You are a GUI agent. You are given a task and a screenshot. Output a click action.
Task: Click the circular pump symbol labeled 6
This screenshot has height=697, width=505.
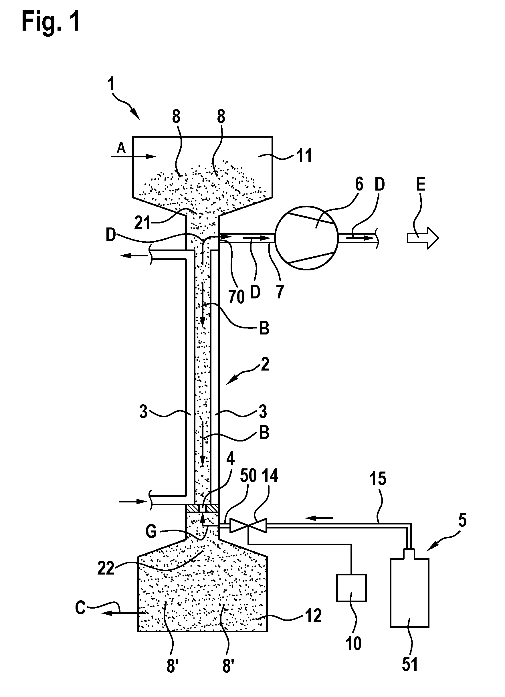pyautogui.click(x=306, y=238)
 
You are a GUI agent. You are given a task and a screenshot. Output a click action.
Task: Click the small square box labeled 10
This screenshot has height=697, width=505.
pyautogui.click(x=351, y=588)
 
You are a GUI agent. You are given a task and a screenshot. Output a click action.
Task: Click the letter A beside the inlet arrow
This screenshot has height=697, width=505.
pyautogui.click(x=121, y=149)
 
